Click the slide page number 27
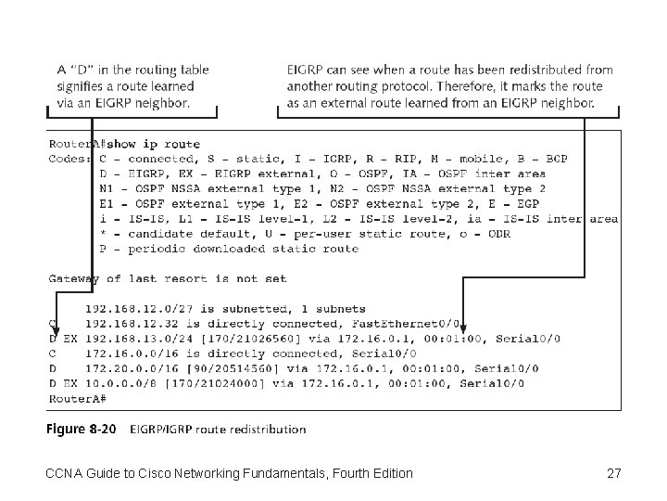point(613,474)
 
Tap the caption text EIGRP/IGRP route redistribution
point(218,429)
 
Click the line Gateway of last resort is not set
point(168,278)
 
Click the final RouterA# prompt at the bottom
point(77,397)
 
